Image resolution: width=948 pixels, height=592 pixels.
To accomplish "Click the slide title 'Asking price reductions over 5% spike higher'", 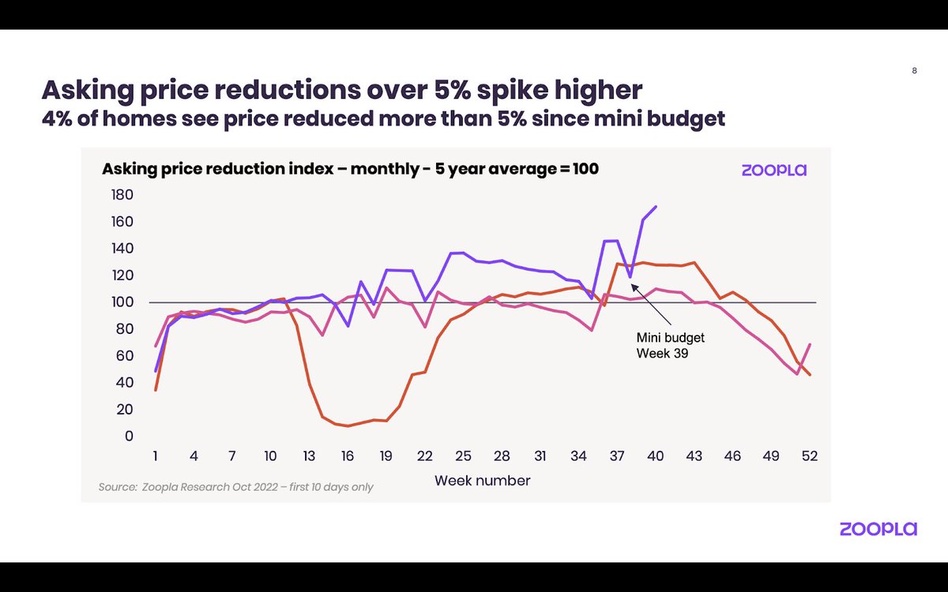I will (x=342, y=90).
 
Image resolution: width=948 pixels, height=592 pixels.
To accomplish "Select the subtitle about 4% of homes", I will (x=383, y=119).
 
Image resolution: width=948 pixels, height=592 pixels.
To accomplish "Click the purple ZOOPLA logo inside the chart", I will (x=773, y=170).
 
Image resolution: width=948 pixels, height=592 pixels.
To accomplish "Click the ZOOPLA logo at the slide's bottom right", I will (x=878, y=529).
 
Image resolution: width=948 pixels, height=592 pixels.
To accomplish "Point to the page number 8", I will (x=915, y=70).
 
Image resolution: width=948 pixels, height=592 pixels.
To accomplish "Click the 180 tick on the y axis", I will (x=122, y=195).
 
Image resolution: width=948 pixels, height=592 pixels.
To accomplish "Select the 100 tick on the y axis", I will (x=122, y=302).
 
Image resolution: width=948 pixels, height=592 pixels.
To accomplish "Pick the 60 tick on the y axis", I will (x=125, y=356).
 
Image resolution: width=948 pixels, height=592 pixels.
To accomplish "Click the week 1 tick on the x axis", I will (x=156, y=456).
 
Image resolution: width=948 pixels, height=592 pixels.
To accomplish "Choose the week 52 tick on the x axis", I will (x=809, y=456).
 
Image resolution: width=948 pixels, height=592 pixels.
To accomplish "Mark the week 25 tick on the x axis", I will (x=463, y=456).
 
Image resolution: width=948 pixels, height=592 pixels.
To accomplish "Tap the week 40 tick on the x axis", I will (x=656, y=456).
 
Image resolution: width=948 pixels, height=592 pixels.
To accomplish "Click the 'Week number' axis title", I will (x=482, y=480).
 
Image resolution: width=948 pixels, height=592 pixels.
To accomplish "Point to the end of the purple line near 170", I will (x=656, y=207).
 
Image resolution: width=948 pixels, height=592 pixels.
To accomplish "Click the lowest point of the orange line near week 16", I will (x=348, y=426).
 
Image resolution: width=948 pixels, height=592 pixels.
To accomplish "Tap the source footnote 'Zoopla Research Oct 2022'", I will (x=235, y=487).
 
